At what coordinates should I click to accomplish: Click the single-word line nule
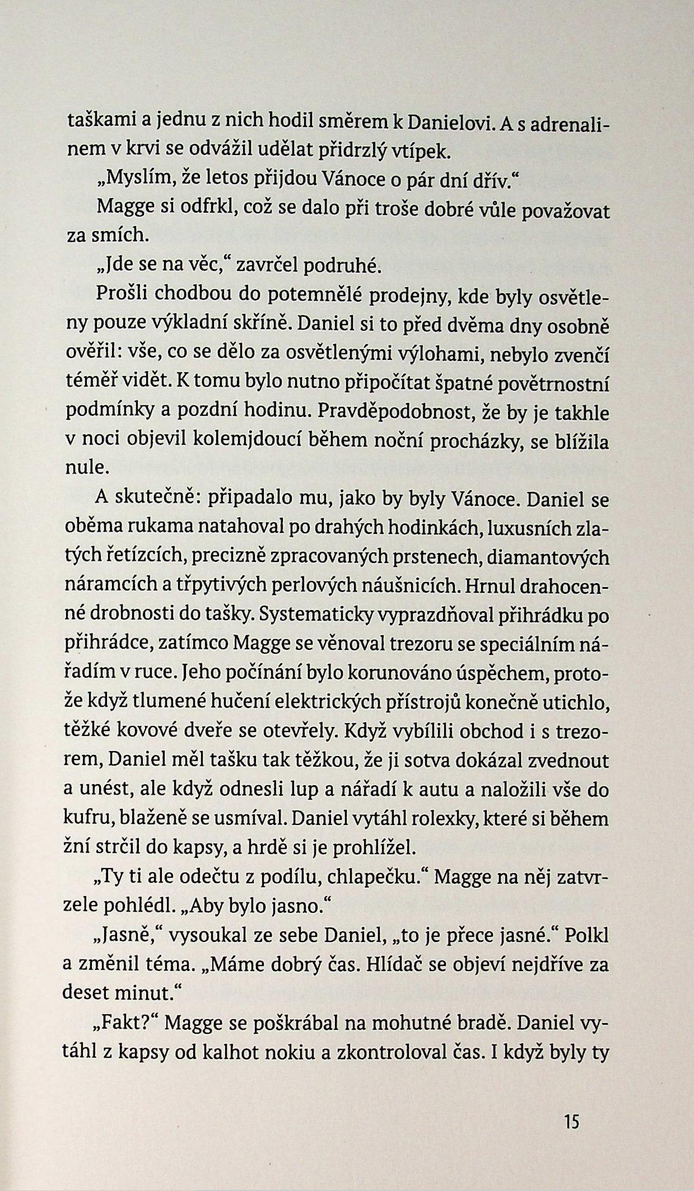[87, 469]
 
